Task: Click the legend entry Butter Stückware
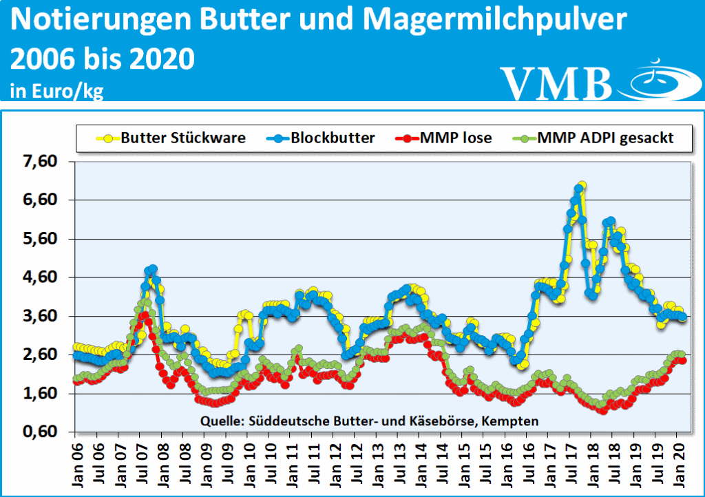tap(182, 138)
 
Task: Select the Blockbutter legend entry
tap(332, 138)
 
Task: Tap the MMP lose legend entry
tap(459, 138)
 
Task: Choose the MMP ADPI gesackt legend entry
tap(604, 138)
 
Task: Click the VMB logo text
tap(556, 83)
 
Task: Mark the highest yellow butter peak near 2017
tap(582, 185)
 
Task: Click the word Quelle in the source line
tap(219, 419)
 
